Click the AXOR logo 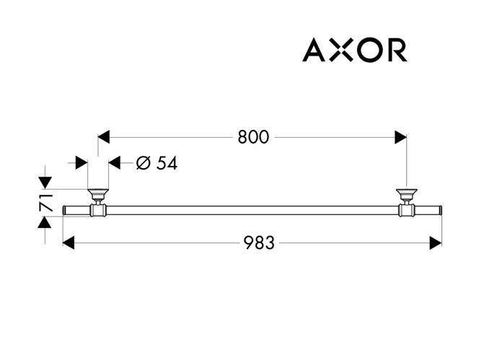355,50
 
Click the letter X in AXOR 342,50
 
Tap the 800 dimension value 253,137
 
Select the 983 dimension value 259,243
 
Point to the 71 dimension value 46,203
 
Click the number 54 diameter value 167,163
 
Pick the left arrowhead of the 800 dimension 104,137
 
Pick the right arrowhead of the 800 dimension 400,137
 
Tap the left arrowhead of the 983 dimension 69,242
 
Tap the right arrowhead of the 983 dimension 436,243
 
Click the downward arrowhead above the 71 45,183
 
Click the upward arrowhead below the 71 45,222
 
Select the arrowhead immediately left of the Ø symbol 115,162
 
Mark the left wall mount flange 98,194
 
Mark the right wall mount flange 407,194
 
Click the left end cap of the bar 64,210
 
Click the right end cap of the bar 440,210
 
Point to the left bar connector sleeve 98,210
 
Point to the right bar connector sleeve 407,210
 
